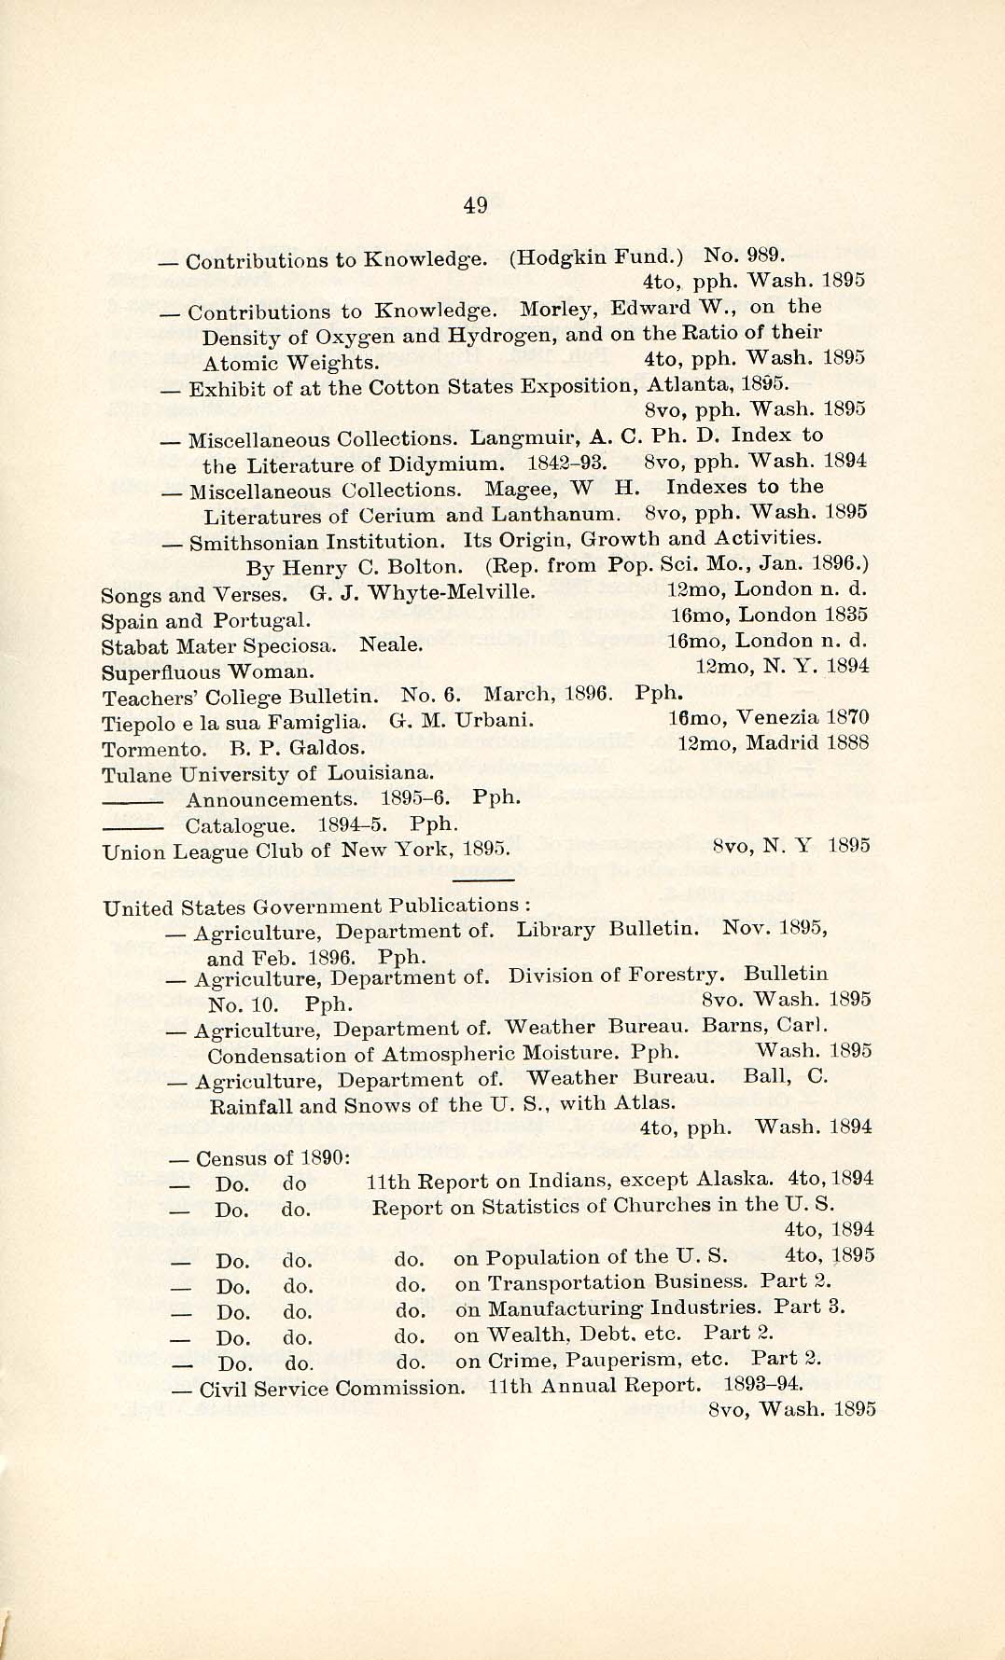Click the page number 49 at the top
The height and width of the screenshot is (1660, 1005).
tap(475, 206)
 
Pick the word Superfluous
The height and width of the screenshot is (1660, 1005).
tap(161, 671)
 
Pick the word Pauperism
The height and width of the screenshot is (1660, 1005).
tap(607, 1360)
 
